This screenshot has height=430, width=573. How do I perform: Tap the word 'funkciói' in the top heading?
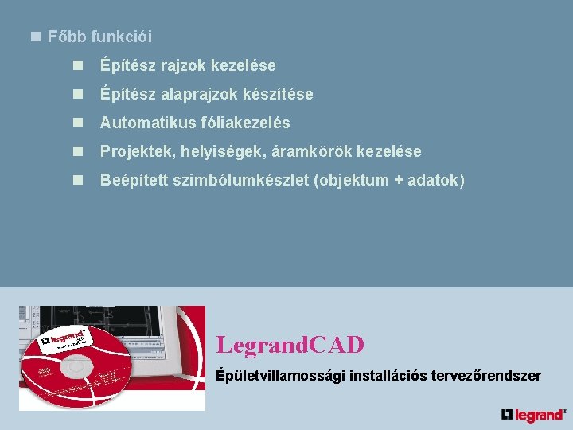tap(121, 37)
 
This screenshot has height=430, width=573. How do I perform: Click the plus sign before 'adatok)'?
tap(397, 181)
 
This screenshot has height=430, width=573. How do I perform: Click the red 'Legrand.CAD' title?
tap(290, 345)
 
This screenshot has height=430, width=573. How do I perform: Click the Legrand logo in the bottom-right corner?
tap(533, 414)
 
